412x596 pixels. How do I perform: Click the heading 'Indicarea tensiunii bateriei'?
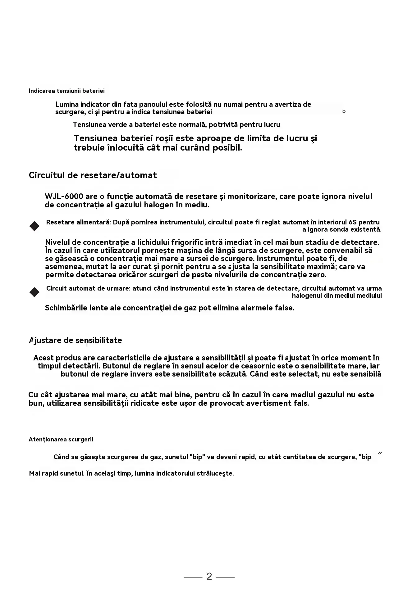click(66, 91)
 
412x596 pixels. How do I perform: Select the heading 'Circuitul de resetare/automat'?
click(93, 175)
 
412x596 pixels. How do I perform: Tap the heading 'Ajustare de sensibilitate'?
click(75, 340)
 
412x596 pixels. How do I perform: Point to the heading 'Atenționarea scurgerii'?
click(61, 440)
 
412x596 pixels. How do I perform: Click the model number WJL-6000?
click(64, 196)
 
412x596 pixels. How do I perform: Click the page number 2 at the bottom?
click(209, 576)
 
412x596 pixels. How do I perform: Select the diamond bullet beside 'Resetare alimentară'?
click(34, 226)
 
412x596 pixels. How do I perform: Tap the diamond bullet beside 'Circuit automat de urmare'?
click(34, 292)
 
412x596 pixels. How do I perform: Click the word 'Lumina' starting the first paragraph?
click(67, 105)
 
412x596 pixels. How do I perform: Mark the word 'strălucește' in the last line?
click(214, 473)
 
